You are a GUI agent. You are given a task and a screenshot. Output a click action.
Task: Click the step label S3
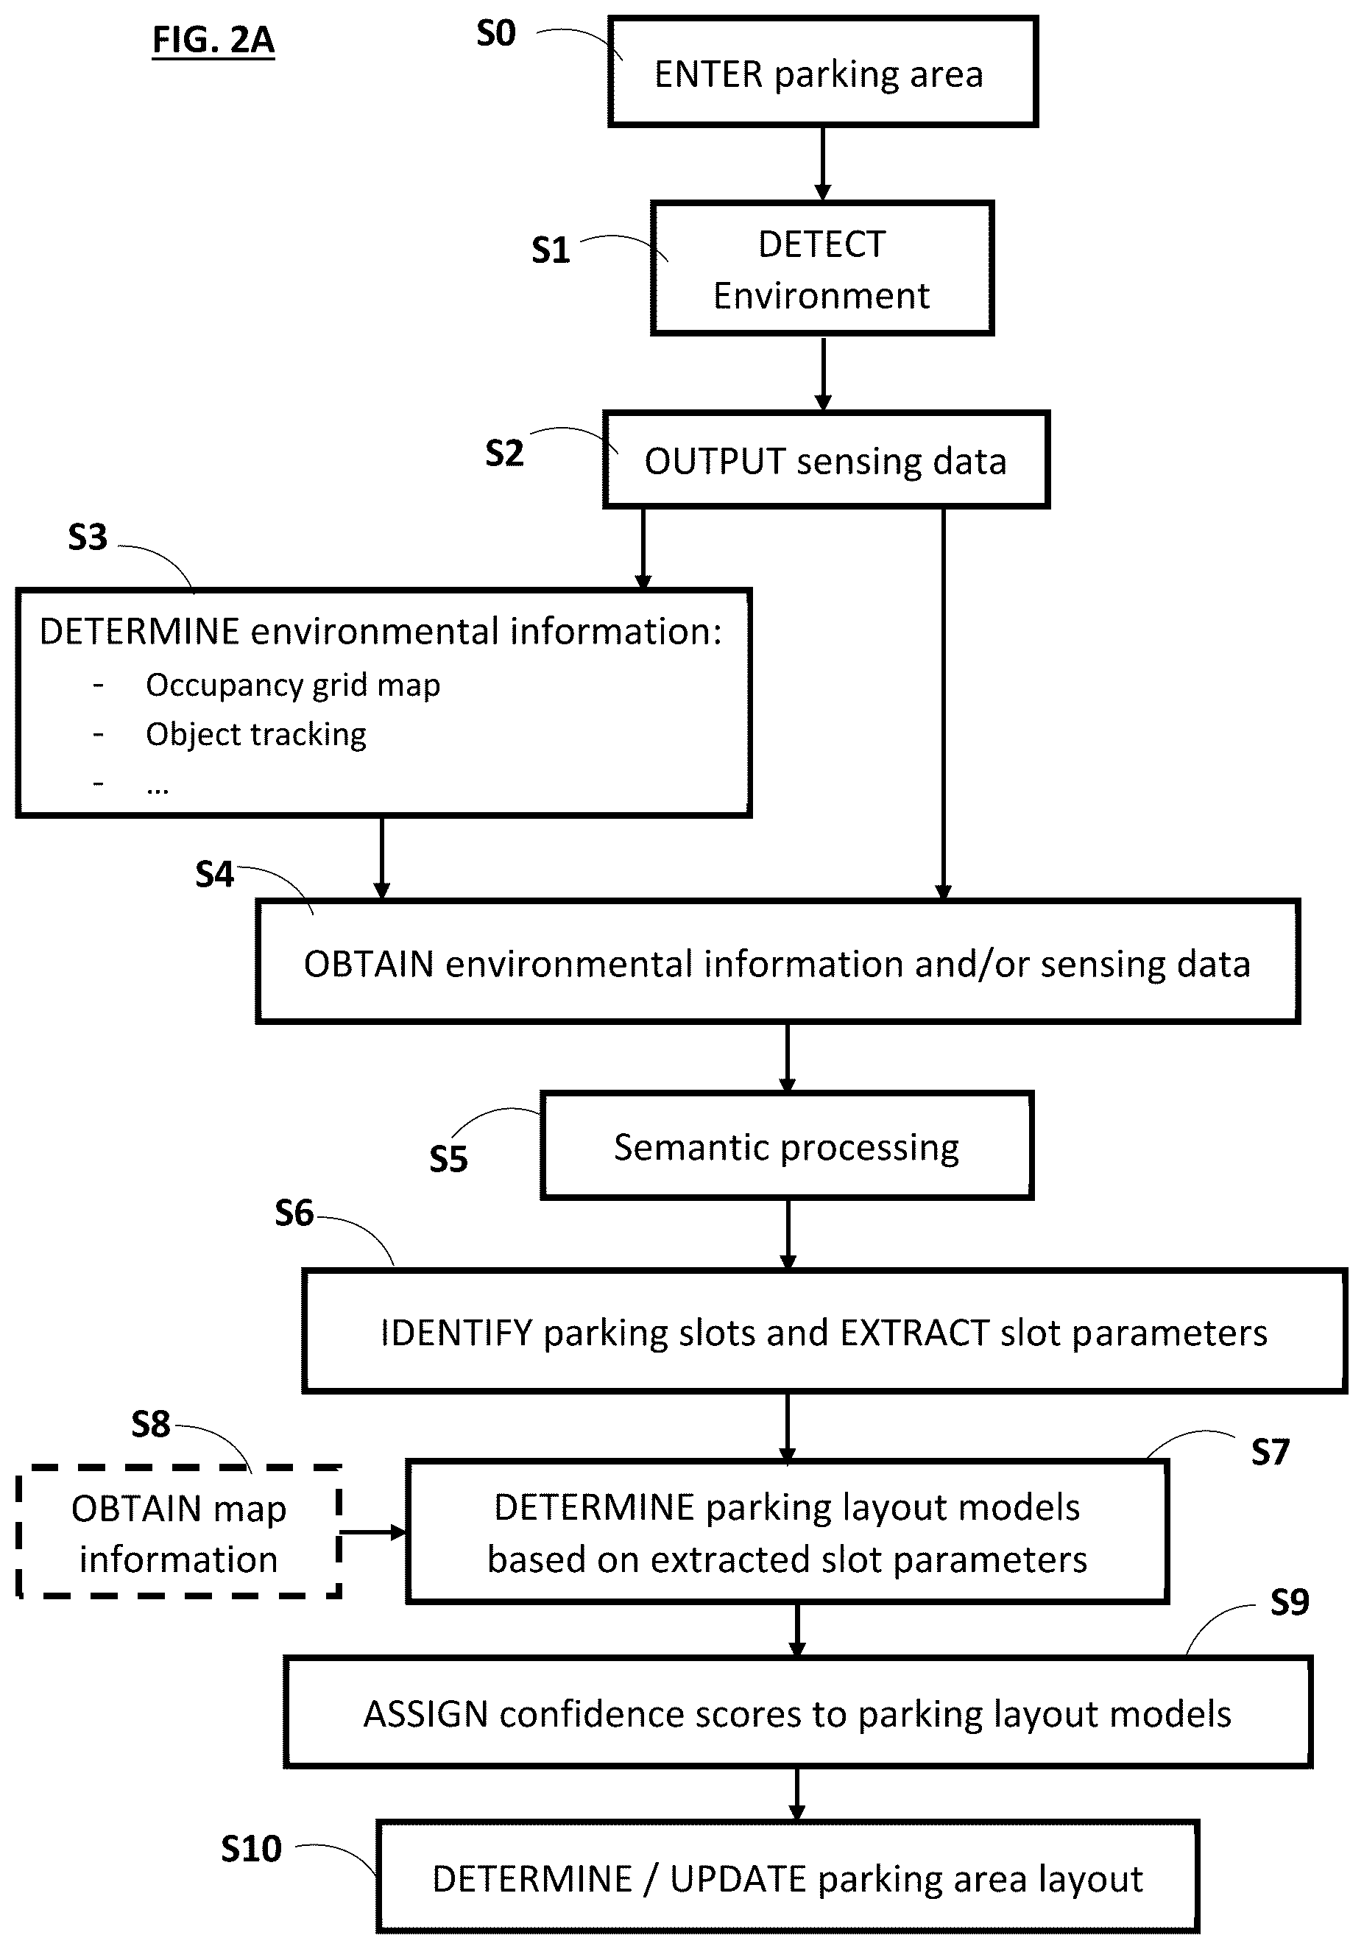pyautogui.click(x=88, y=538)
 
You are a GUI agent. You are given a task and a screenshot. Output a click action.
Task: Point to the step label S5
pyautogui.click(x=448, y=1160)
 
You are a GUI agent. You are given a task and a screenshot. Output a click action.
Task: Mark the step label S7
pyautogui.click(x=1270, y=1453)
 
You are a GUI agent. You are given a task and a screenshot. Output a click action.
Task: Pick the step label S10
pyautogui.click(x=251, y=1849)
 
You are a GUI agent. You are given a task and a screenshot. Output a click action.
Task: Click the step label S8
pyautogui.click(x=150, y=1425)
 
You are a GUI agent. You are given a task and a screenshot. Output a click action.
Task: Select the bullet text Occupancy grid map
pyautogui.click(x=293, y=685)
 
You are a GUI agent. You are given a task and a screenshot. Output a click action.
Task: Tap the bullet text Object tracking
pyautogui.click(x=255, y=734)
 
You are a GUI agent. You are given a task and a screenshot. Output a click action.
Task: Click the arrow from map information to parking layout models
pyautogui.click(x=373, y=1532)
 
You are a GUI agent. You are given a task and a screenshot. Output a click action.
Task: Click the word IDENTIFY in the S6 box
pyautogui.click(x=456, y=1333)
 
